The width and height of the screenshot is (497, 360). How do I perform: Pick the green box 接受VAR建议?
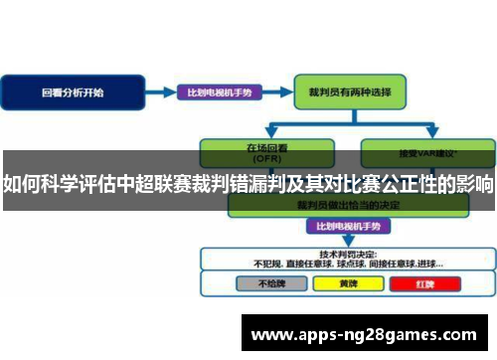(x=418, y=152)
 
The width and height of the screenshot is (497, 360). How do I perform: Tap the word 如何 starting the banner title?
(x=20, y=185)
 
